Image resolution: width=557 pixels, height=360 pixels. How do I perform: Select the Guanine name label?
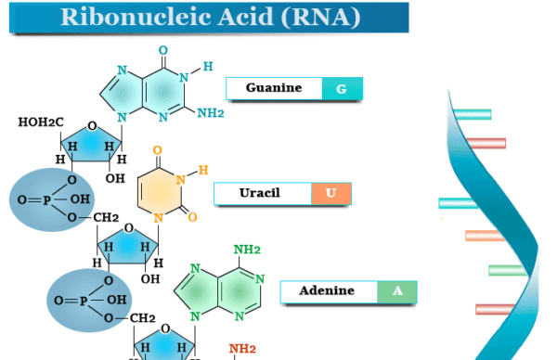274,89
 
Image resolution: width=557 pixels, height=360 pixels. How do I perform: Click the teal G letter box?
341,89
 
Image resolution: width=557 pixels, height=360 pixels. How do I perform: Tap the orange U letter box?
330,193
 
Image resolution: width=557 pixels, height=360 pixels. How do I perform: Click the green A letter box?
397,291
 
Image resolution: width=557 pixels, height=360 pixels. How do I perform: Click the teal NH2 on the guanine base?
211,113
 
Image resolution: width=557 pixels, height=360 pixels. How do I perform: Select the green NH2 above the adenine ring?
246,250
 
